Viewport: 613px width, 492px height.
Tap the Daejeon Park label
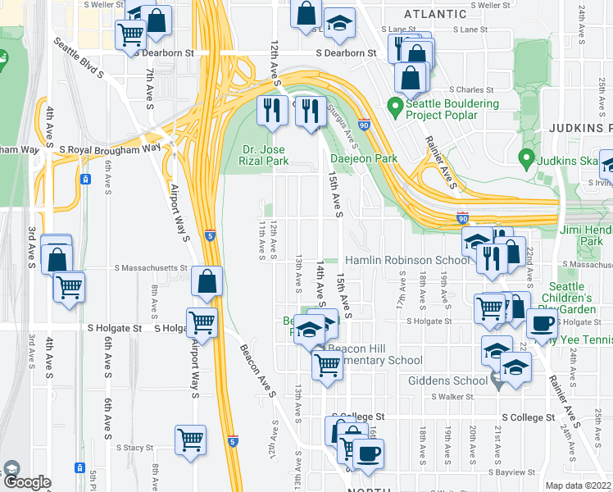pyautogui.click(x=363, y=158)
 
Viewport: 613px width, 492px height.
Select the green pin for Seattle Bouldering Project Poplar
pyautogui.click(x=394, y=107)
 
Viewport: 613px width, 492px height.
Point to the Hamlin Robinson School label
pyautogui.click(x=406, y=260)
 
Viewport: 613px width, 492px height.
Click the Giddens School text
pyautogui.click(x=447, y=380)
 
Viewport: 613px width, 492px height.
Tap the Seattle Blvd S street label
pyautogui.click(x=79, y=58)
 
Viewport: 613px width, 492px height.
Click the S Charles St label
pyautogui.click(x=470, y=90)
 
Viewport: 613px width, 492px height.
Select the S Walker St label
pyautogui.click(x=454, y=396)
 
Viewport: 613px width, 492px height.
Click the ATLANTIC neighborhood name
pyautogui.click(x=434, y=14)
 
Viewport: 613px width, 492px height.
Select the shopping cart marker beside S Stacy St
pyautogui.click(x=191, y=439)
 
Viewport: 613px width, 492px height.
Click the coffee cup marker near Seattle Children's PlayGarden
pyautogui.click(x=541, y=322)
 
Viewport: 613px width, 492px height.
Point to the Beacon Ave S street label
pyautogui.click(x=257, y=371)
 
